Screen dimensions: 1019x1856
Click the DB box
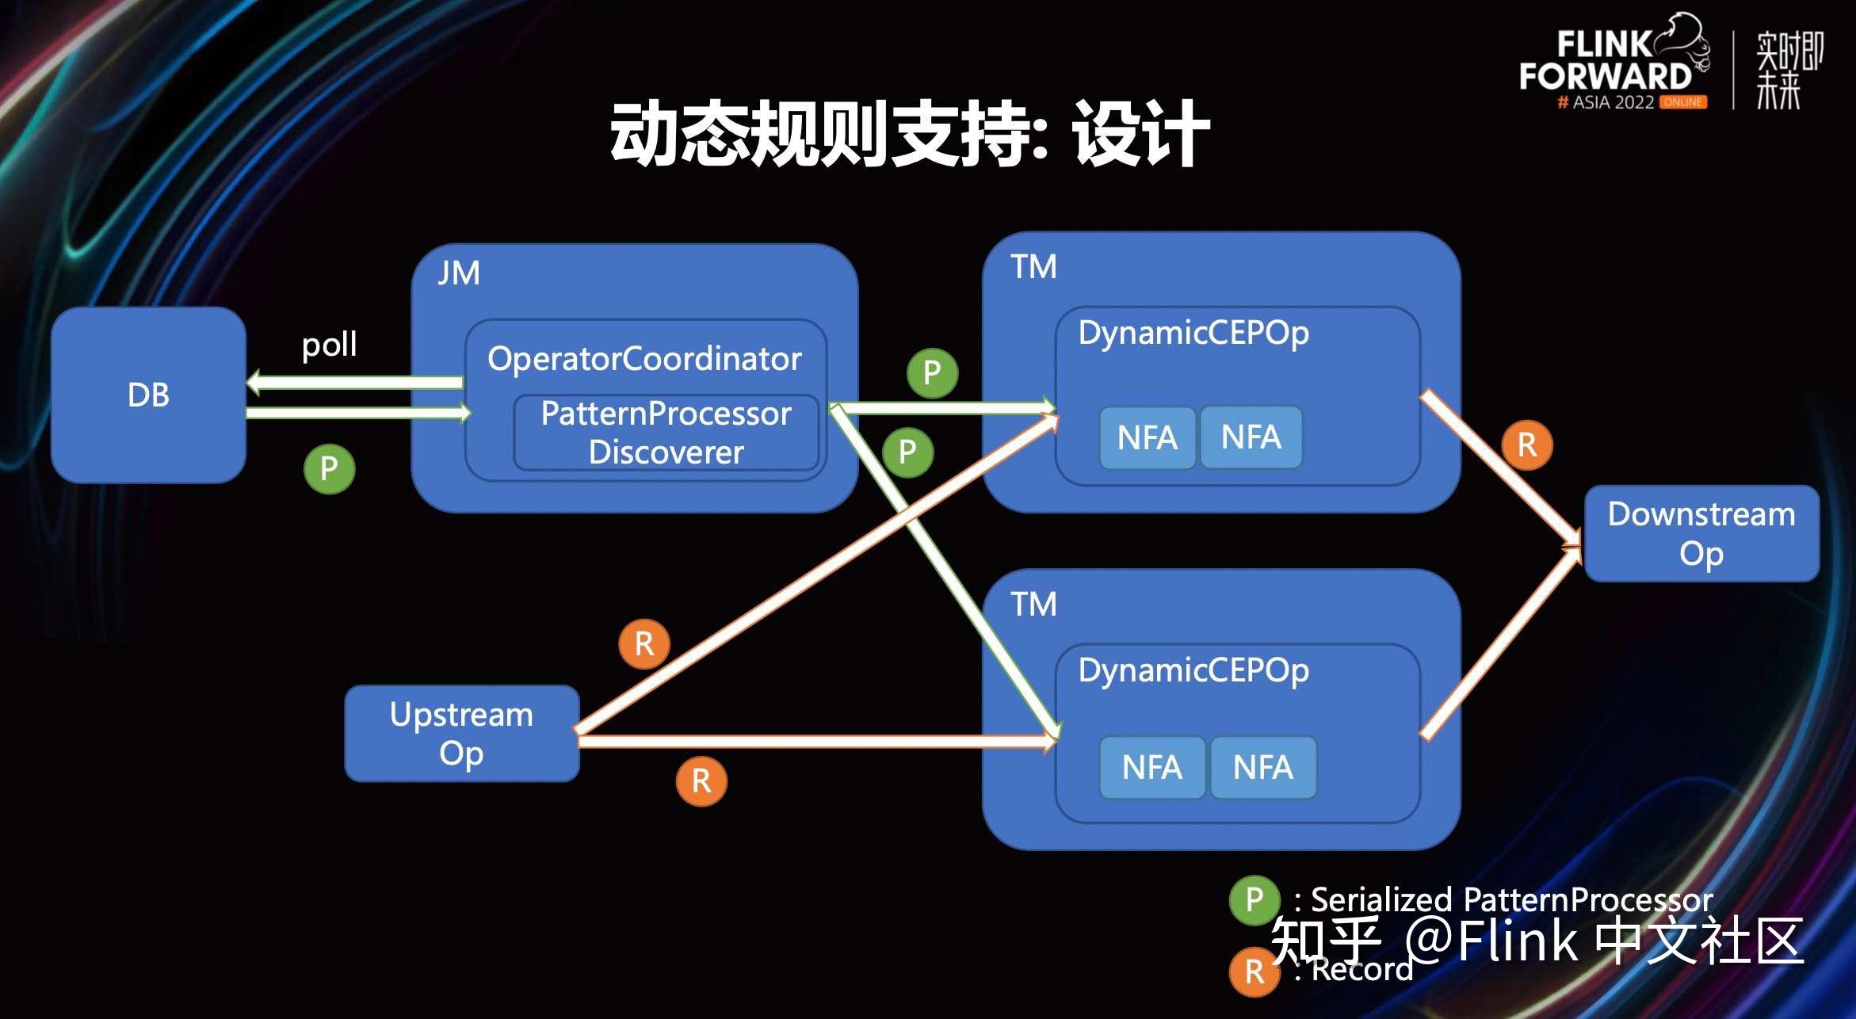pos(148,395)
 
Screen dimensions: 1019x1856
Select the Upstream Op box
pos(462,733)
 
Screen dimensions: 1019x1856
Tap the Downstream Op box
pos(1701,533)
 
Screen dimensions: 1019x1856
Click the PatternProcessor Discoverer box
pos(666,433)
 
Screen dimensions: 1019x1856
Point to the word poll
pos(329,345)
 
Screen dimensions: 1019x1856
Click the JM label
pos(459,273)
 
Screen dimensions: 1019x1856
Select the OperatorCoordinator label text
pos(644,359)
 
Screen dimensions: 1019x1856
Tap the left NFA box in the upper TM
pos(1147,437)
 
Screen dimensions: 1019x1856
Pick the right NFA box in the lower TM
pos(1263,767)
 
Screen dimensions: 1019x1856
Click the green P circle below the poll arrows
pos(329,469)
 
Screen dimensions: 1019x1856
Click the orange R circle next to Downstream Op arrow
pos(1526,445)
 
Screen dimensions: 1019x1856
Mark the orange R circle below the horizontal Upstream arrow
pos(701,781)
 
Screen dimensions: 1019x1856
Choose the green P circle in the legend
pos(1254,900)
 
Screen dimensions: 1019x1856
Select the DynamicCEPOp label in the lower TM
pos(1193,670)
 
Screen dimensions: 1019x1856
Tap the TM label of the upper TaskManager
pos(1033,267)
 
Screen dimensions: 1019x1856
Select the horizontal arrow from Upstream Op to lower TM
pos(816,742)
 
